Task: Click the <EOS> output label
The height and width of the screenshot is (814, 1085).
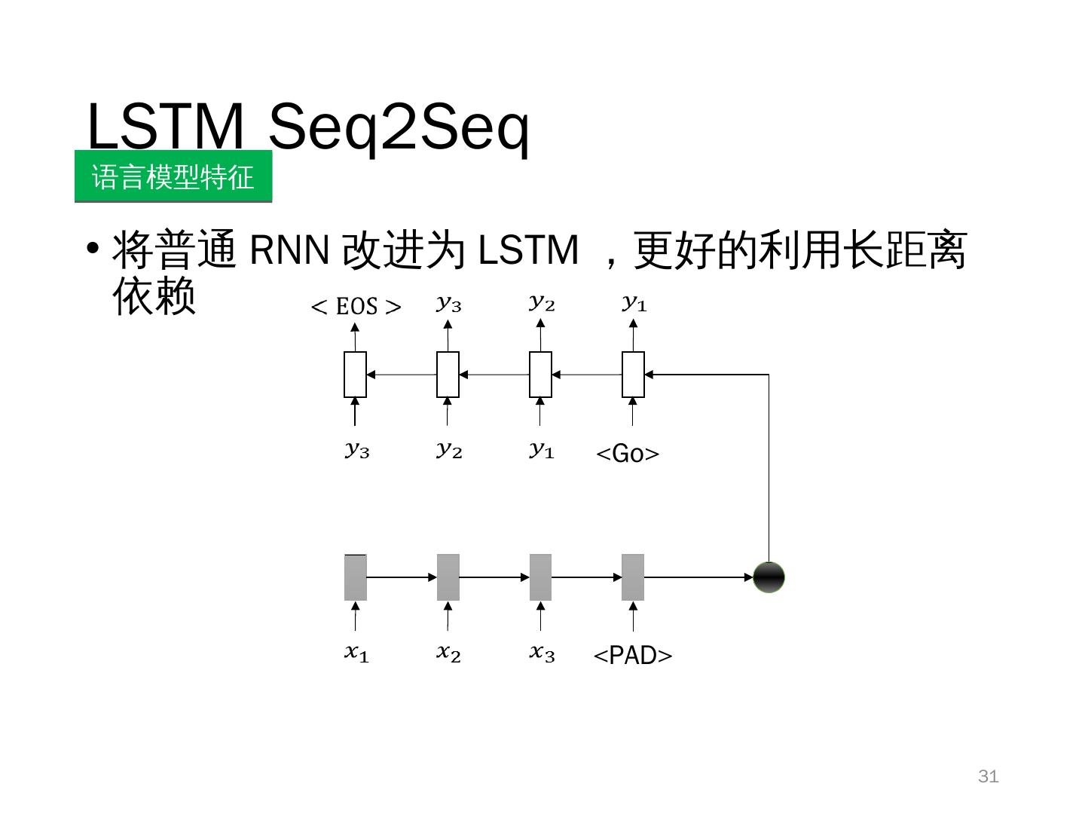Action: point(356,307)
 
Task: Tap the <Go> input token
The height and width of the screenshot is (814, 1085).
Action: point(628,454)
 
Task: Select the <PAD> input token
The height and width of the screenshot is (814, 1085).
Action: point(633,656)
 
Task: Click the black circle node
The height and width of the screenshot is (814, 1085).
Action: point(769,577)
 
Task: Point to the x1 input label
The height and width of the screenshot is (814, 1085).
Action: point(356,653)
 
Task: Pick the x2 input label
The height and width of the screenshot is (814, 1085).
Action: point(448,653)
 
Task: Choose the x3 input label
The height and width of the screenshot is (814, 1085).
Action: point(542,653)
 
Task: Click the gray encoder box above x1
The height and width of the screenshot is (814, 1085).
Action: point(356,577)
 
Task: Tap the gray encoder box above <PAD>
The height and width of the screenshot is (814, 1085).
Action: point(633,577)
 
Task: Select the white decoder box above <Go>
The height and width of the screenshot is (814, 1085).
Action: point(633,374)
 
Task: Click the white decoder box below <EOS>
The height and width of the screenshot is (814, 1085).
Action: point(356,374)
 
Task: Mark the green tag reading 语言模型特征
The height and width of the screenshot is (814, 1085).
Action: point(173,177)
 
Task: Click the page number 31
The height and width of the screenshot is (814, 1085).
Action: point(988,776)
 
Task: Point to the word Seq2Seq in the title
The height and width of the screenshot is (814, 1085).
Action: point(399,127)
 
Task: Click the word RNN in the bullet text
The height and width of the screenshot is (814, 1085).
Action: point(289,250)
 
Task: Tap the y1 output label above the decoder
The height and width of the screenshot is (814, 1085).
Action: point(634,304)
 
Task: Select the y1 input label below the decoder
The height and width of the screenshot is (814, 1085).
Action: point(542,451)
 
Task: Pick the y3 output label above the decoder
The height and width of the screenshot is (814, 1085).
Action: point(448,304)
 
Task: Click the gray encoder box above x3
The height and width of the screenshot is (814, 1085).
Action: point(540,577)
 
